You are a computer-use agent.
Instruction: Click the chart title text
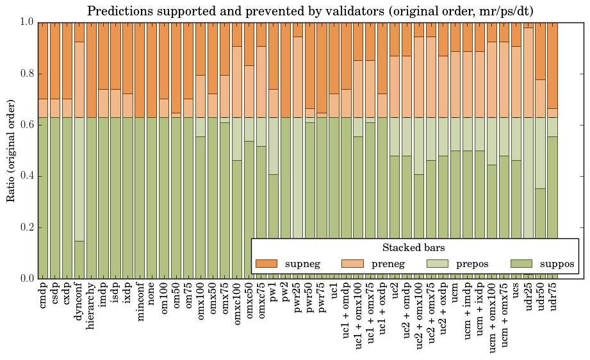tap(310, 11)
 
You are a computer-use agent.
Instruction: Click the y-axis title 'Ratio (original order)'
tap(11, 150)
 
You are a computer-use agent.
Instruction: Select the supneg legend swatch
tap(265, 263)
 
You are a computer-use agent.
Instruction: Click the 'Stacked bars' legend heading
tap(414, 247)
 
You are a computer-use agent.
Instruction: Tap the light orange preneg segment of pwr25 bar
tap(297, 77)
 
